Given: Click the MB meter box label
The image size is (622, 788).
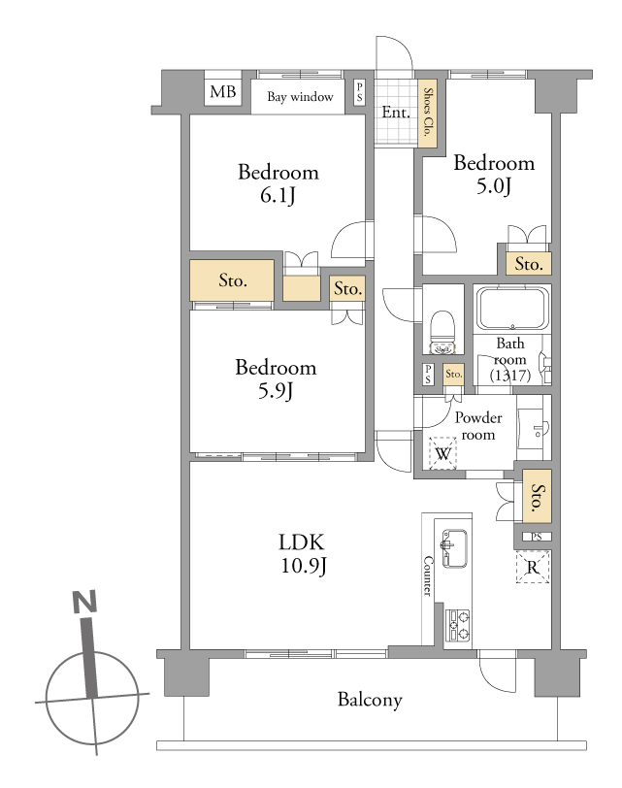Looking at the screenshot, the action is click(222, 92).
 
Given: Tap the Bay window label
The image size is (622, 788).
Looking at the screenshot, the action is click(300, 96).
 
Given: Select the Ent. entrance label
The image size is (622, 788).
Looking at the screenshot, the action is click(396, 112).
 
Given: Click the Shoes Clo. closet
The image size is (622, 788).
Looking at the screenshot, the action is click(428, 114).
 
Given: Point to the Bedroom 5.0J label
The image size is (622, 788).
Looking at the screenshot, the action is click(494, 175).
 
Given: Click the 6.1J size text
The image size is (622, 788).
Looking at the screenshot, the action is click(278, 195).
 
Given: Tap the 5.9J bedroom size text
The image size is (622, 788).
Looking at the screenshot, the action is click(276, 390).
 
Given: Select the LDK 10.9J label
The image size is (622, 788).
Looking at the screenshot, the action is click(303, 554).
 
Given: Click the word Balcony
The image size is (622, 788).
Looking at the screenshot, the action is click(370, 700).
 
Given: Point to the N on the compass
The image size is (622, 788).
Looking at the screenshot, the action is click(84, 602).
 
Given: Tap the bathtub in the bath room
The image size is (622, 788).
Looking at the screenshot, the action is click(512, 309).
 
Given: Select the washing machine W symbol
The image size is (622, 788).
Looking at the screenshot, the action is click(442, 454).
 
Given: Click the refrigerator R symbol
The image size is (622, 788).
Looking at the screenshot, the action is click(533, 568).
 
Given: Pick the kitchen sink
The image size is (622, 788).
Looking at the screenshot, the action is click(455, 548).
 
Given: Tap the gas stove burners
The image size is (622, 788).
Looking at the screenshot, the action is click(458, 625).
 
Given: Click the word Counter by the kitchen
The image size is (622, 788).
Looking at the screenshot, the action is click(428, 575).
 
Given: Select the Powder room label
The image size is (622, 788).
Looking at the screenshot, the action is click(477, 426).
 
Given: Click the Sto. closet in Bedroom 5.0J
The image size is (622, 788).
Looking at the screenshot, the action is click(529, 264).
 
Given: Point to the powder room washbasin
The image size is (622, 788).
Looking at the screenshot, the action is click(534, 429).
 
